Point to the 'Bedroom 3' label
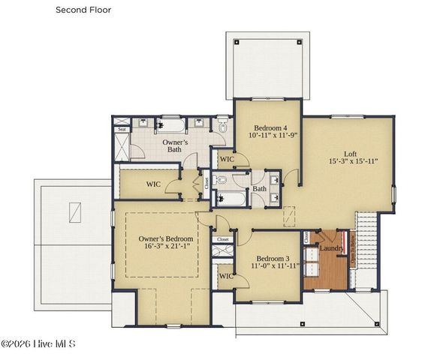coord(267,256)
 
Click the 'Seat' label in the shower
coord(122,129)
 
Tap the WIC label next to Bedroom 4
coord(226,159)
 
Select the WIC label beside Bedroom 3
coord(225,277)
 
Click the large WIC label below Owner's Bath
coord(153,184)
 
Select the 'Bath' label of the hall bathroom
coord(260,189)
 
